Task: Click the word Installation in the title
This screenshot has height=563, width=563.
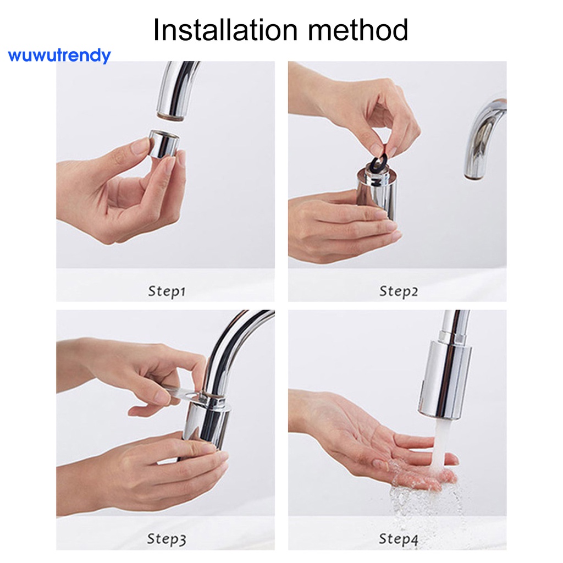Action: [x=224, y=30]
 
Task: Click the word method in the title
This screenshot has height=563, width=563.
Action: [x=358, y=30]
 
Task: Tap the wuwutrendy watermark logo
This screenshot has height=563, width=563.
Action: [x=59, y=56]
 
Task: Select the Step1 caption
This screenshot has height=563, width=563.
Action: [x=166, y=291]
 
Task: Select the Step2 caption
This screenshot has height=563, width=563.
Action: [x=398, y=291]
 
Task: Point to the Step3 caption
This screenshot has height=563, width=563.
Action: [x=166, y=539]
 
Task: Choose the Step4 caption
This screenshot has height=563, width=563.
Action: [x=398, y=539]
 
